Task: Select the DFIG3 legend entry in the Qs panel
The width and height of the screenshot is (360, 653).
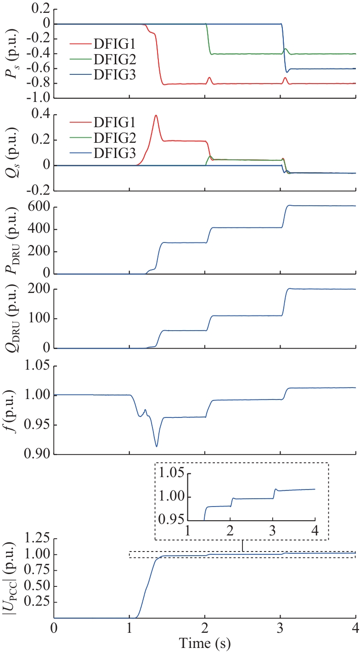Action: (x=113, y=155)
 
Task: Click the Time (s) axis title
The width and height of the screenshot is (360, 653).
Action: (x=205, y=643)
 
